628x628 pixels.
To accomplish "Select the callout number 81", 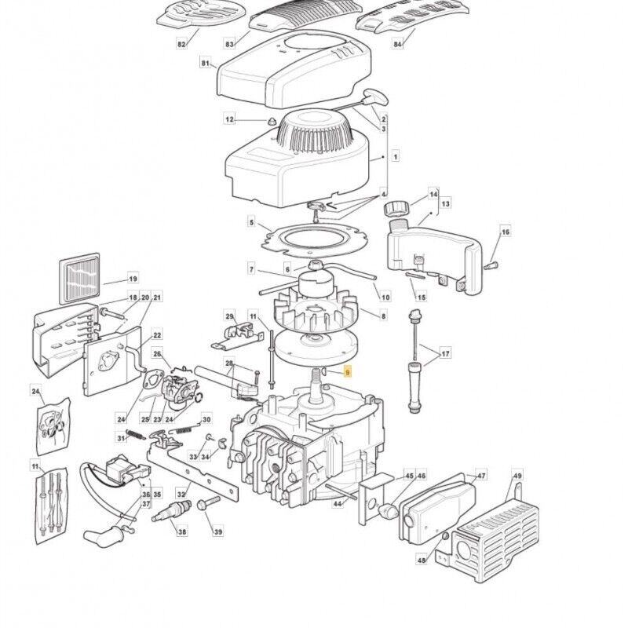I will point(206,63).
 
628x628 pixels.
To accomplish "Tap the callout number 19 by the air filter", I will point(133,279).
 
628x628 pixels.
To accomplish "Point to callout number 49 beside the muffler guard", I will point(517,476).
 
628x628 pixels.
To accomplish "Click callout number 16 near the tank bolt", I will point(505,232).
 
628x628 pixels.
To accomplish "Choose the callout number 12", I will point(230,120).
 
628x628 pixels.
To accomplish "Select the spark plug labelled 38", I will point(172,517).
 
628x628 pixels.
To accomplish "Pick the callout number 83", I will point(231,45).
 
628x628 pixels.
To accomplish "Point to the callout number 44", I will point(338,503).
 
